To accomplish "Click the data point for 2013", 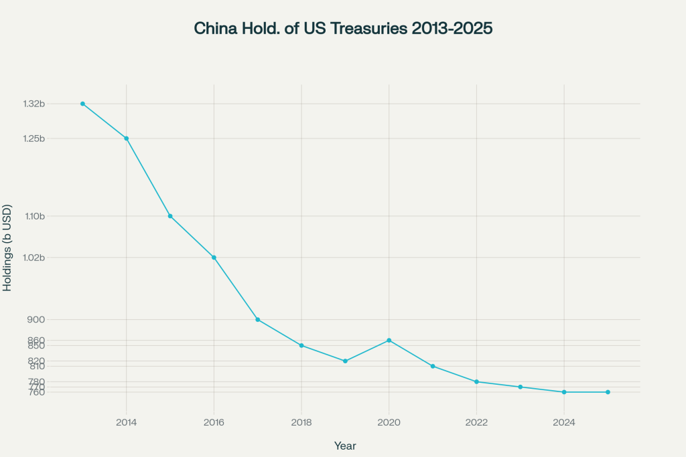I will coord(82,104).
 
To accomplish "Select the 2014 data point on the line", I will coord(126,139).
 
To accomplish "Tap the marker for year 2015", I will coord(170,216).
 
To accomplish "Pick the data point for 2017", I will coord(258,320).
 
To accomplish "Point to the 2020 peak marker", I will coord(389,341).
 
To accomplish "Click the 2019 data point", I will coord(345,361).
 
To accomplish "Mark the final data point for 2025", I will coord(608,392).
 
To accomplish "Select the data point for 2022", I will coord(476,381).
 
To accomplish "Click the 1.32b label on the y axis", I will coord(33,104).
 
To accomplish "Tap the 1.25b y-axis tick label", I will coord(33,139).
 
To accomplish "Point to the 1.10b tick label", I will coord(33,216).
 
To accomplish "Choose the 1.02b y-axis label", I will coord(33,258).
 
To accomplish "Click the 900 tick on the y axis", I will coord(37,320).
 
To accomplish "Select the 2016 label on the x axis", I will coord(214,422).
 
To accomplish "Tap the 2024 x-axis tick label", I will coord(564,422).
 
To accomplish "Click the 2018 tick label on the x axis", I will coord(301,422).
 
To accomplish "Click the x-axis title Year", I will coord(345,446).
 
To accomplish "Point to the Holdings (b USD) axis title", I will coord(7,248).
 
